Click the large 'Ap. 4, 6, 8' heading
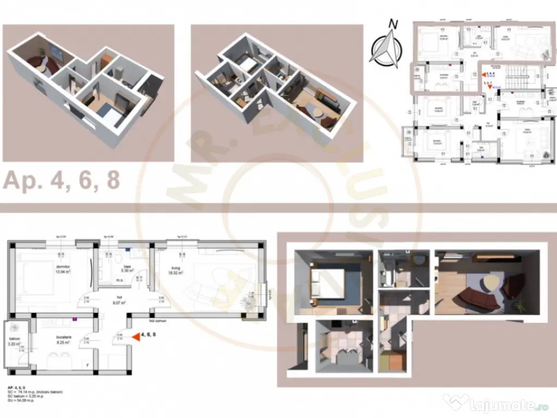click(x=61, y=180)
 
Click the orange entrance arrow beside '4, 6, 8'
click(x=133, y=336)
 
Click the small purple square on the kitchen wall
click(x=75, y=319)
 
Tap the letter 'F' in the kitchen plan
click(x=88, y=364)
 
